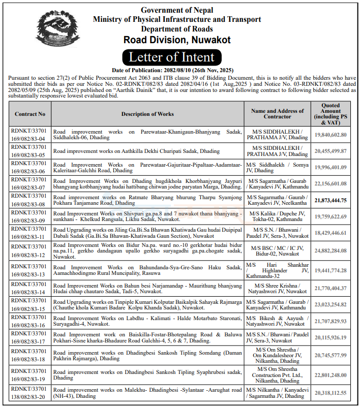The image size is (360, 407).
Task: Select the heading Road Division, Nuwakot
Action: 177,40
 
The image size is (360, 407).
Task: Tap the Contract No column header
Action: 29,114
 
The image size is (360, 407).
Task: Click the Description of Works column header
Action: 147,114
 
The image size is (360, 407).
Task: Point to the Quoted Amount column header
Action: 331,114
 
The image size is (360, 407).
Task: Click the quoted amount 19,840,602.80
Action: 331,135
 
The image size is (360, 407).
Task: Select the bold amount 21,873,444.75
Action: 331,200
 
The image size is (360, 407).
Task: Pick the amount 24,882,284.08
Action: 331,251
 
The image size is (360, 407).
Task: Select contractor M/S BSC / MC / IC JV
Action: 277,251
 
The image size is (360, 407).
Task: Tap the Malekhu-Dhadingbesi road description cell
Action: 147,392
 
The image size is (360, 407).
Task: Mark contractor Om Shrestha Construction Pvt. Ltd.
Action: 277,374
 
